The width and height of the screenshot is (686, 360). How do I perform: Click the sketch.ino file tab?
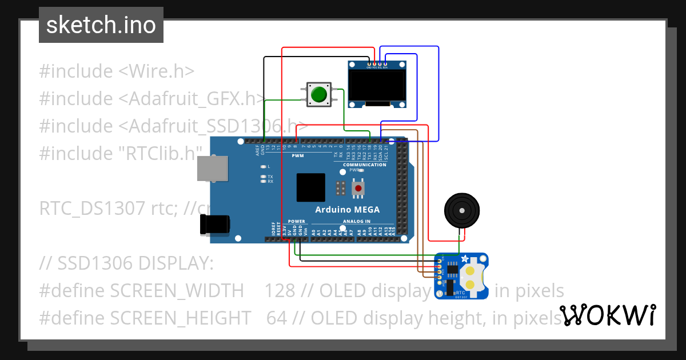pos(101,25)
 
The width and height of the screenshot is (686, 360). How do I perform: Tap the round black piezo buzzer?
pos(462,210)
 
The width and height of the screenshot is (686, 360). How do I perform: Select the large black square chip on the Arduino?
pos(310,187)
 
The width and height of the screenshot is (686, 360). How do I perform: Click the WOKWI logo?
pos(607,315)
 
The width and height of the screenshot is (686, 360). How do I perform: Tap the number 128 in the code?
pos(280,291)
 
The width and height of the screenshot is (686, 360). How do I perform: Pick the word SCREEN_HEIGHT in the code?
pos(180,317)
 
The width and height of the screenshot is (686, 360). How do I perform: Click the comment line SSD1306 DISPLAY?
pos(126,263)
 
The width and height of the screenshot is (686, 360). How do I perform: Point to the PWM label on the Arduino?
pos(298,155)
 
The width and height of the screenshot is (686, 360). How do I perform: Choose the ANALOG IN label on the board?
pos(356,221)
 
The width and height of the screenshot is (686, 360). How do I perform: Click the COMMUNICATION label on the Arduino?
pos(364,165)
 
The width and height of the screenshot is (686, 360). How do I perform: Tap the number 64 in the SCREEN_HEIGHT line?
pos(277,317)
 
